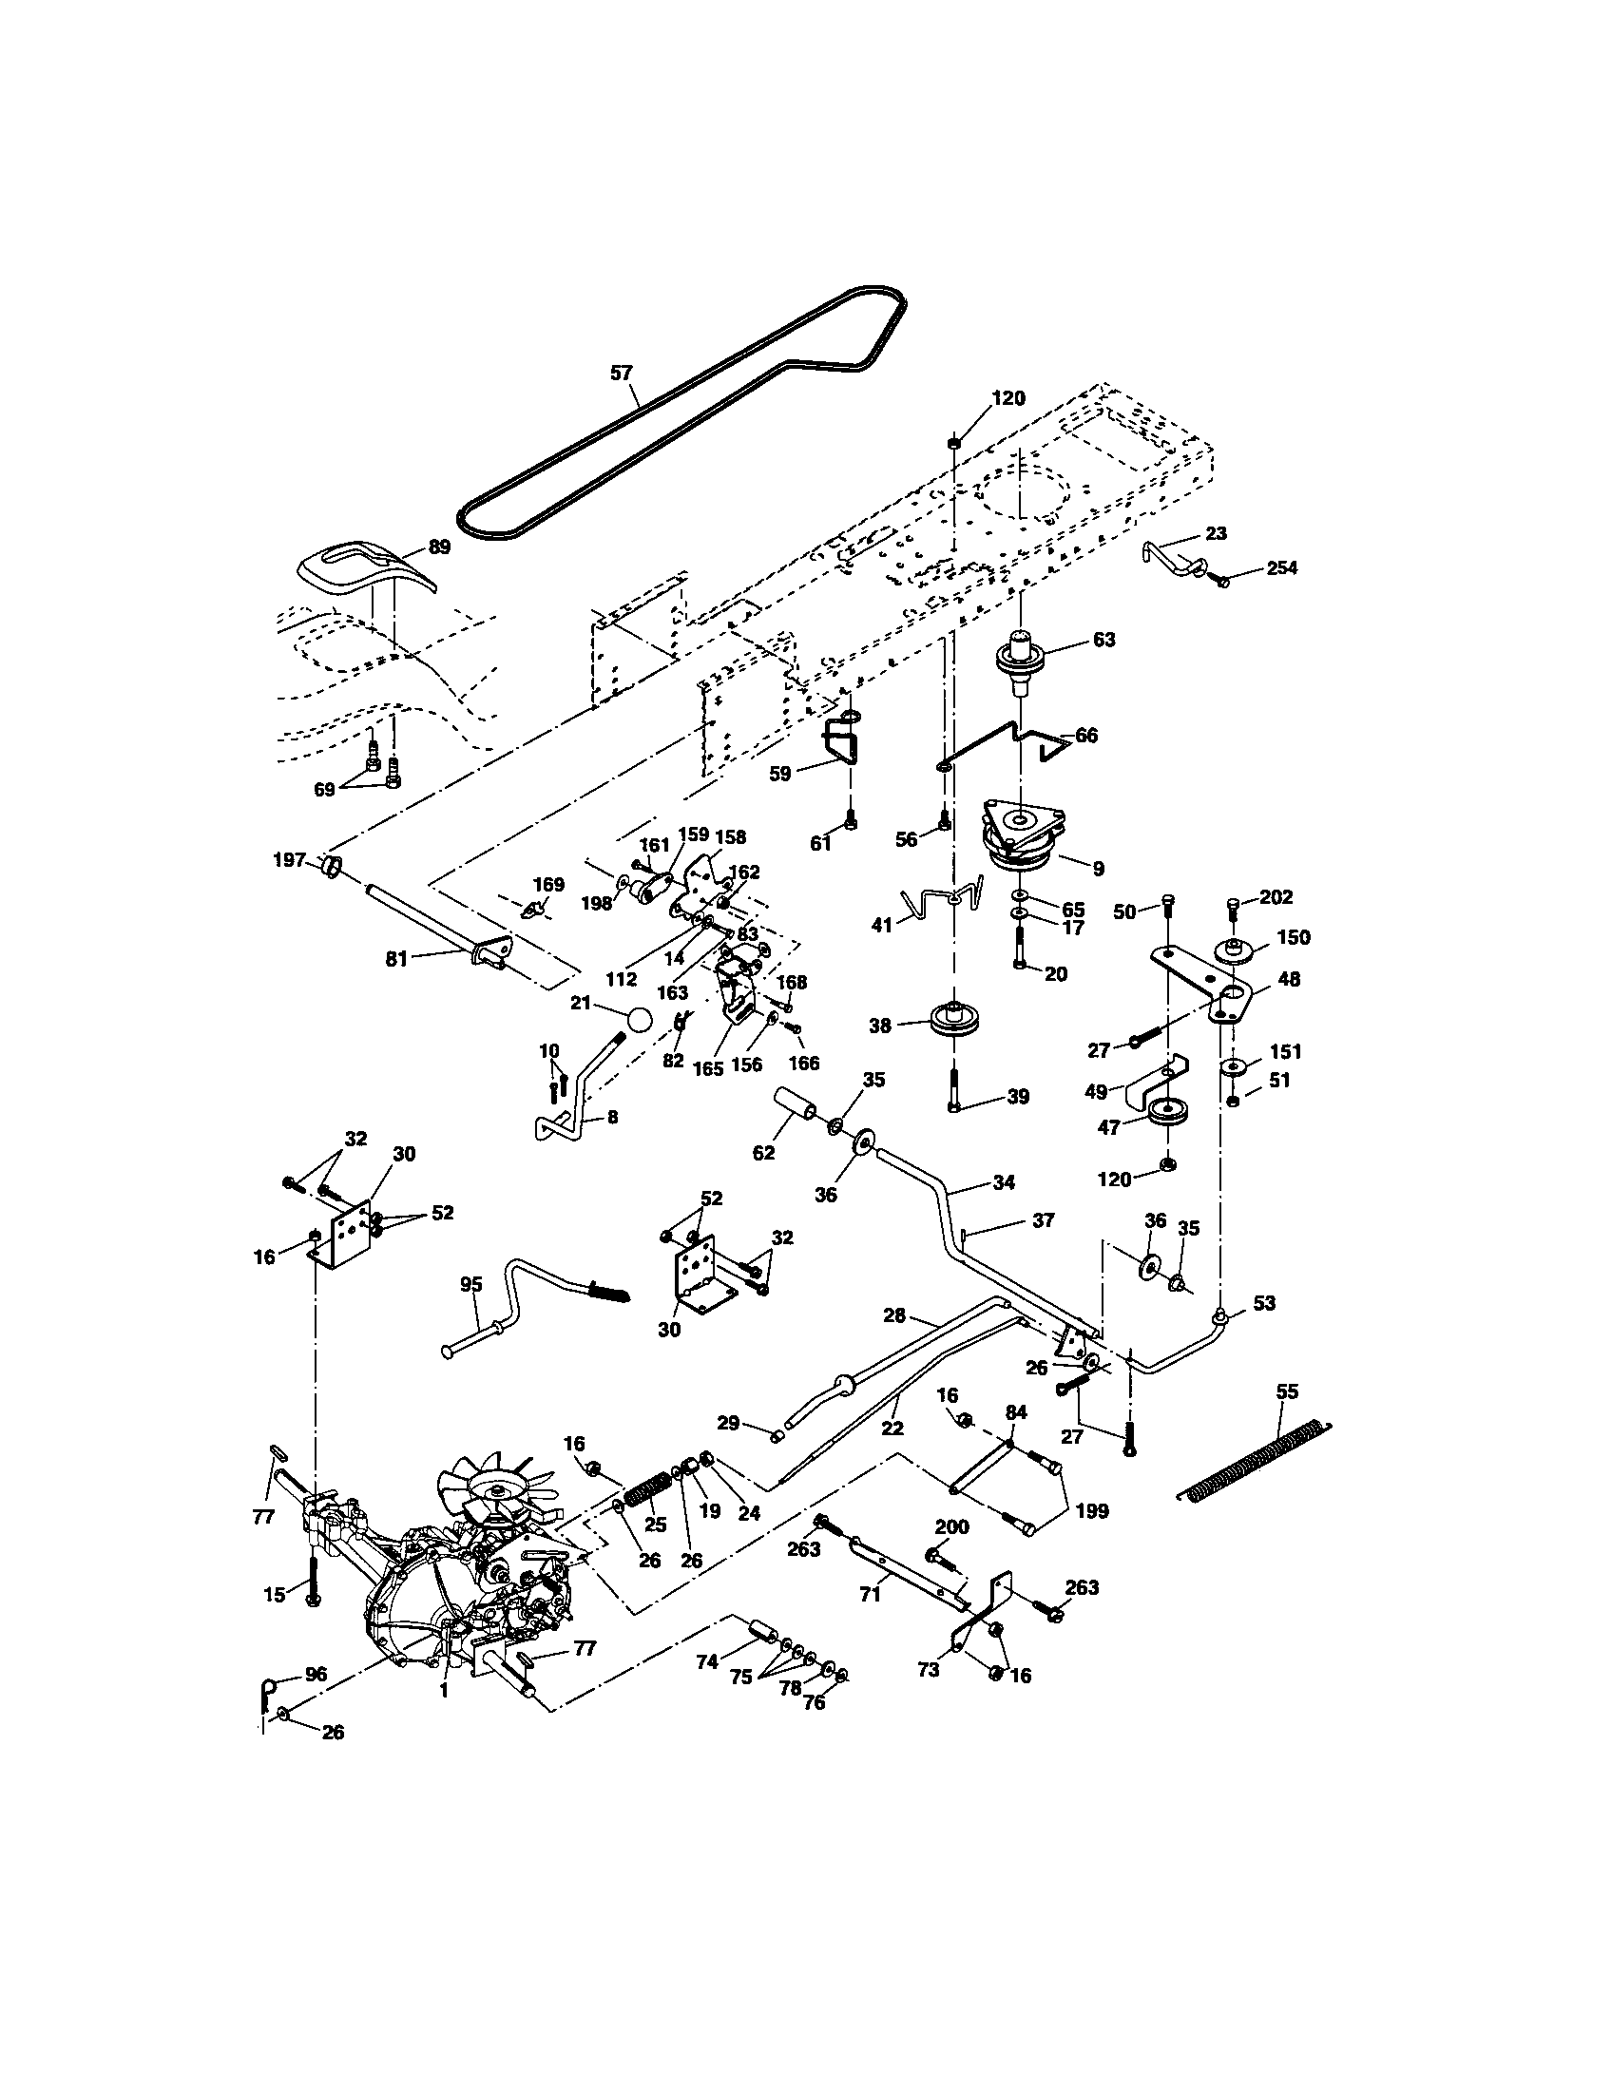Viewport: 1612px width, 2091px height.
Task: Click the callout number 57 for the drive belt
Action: [622, 373]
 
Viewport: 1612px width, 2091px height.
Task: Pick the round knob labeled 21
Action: [640, 1019]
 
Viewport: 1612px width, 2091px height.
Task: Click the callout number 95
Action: [471, 1285]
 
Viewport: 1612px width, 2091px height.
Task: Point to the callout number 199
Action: [1092, 1511]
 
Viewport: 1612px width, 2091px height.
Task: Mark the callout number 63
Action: [1103, 640]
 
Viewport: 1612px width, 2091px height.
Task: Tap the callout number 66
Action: [1086, 736]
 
